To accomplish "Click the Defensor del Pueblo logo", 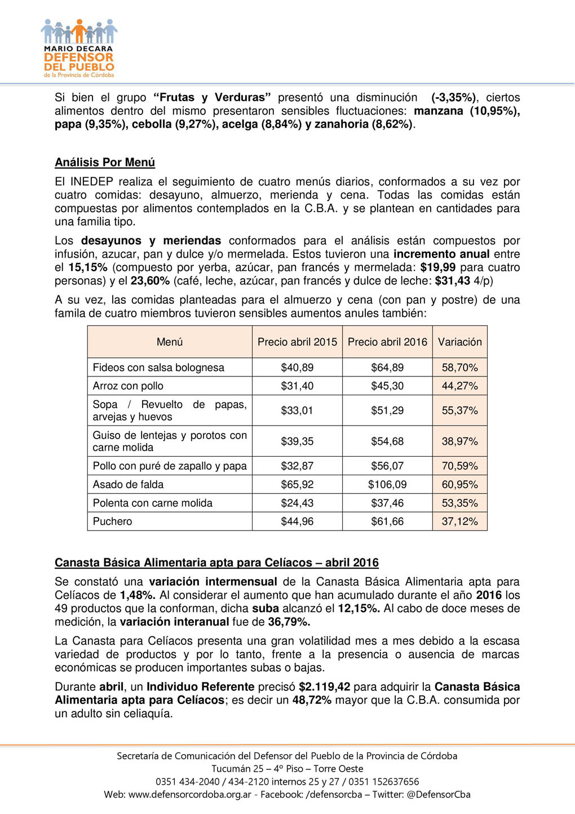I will (79, 48).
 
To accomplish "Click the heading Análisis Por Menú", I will (105, 163).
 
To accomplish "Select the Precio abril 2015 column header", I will (297, 342).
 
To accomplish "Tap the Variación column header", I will (459, 342).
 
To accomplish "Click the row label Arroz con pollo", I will (128, 386).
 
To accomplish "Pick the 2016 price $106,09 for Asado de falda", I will (387, 484).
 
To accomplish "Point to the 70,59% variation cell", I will (459, 466).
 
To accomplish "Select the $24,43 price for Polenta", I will (297, 503).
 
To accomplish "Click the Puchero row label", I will (112, 522).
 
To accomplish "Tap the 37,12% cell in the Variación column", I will (459, 522).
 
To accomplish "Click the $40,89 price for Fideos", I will (297, 367).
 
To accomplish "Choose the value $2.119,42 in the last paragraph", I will (324, 687).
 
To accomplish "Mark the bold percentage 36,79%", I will (289, 622).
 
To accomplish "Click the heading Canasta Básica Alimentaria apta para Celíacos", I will (216, 563).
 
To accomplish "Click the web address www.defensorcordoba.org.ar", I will (189, 795).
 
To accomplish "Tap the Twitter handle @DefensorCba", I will (438, 795).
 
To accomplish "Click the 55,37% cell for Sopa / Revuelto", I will (459, 410).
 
